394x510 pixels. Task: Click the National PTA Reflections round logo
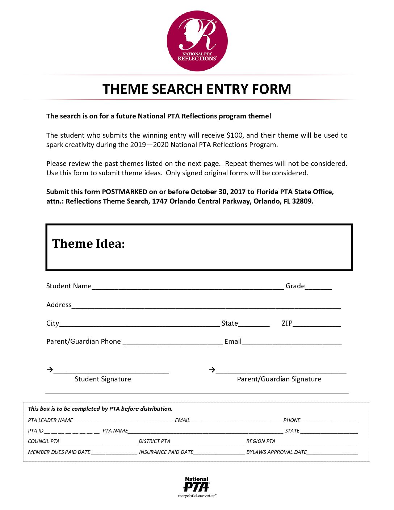tap(197, 41)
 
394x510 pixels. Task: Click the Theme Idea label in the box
tap(88, 244)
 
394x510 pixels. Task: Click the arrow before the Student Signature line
tap(50, 370)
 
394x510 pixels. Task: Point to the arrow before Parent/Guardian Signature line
tap(212, 370)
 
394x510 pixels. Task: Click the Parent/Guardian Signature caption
tap(279, 379)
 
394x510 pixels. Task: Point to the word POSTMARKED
tap(125, 192)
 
